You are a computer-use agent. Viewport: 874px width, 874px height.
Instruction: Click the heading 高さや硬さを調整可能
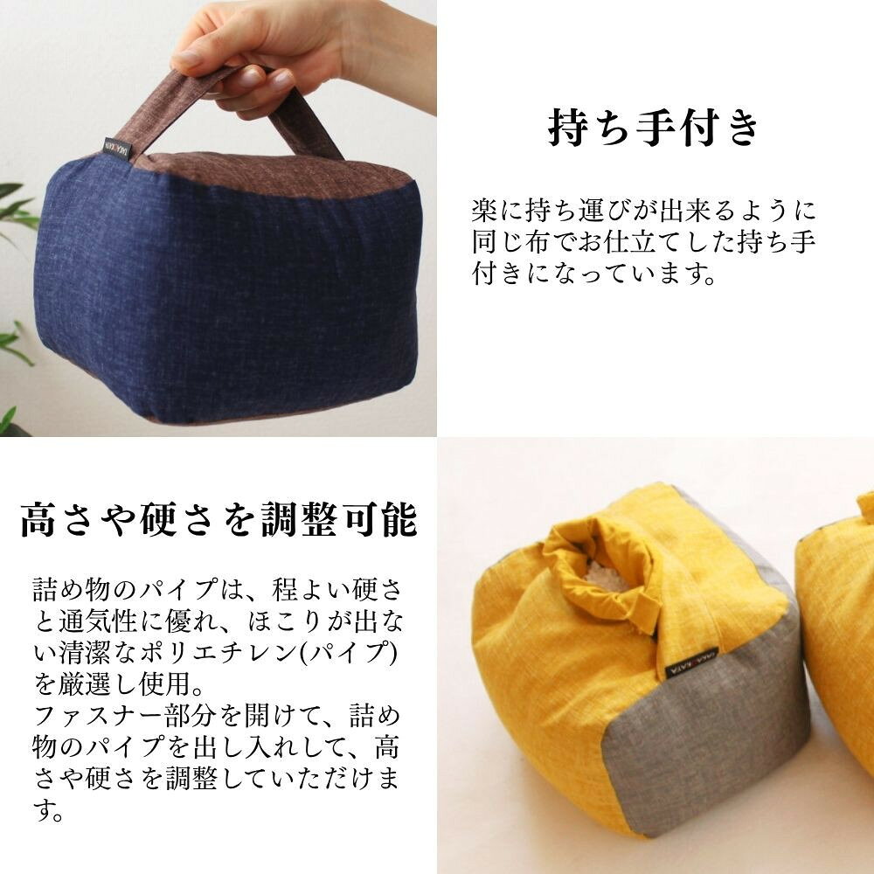point(218,519)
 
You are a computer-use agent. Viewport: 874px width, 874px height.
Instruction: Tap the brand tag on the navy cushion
point(118,149)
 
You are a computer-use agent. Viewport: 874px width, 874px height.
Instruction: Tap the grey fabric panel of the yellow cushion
point(708,747)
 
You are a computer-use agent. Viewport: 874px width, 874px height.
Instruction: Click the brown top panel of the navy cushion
point(273,173)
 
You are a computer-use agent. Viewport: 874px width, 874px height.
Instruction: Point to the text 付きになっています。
point(593,274)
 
